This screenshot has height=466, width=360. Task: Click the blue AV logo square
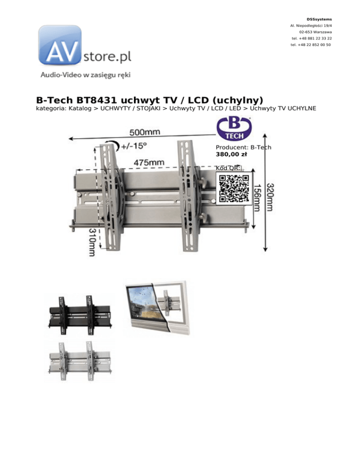click(60, 45)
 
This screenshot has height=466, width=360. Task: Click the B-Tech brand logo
click(234, 128)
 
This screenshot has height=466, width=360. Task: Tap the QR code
click(234, 188)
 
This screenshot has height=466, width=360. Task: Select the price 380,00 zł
click(231, 154)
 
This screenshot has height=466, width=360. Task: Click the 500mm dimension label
click(144, 132)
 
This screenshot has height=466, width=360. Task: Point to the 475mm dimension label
click(149, 162)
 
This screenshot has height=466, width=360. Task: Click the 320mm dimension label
click(270, 197)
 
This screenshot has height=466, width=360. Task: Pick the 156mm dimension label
click(256, 198)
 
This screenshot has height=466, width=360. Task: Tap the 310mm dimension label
click(92, 242)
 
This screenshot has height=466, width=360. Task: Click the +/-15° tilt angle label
click(134, 146)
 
